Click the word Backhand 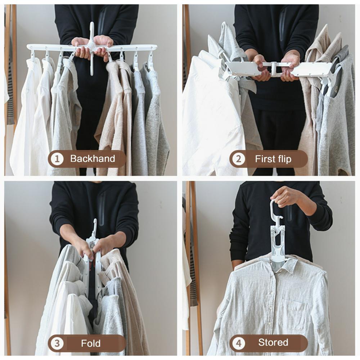(x=93, y=159)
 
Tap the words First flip (x=273, y=159)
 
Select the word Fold (x=91, y=343)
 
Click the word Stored (x=273, y=342)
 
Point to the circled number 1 (x=57, y=159)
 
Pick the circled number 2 (x=239, y=159)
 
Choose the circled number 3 (x=57, y=343)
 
